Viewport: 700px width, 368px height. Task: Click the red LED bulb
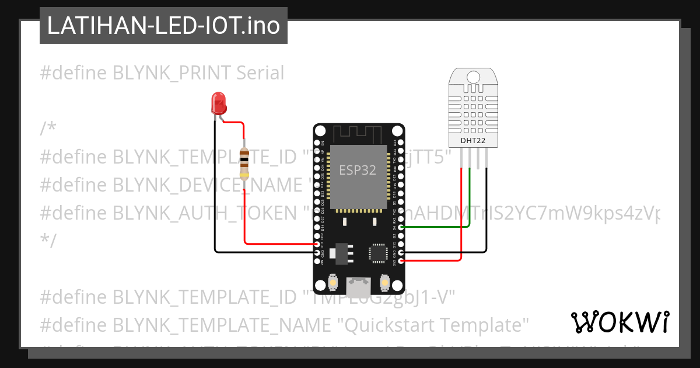219,103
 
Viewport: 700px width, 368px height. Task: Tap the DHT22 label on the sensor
473,141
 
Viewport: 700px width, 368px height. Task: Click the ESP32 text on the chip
358,170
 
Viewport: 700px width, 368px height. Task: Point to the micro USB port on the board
358,286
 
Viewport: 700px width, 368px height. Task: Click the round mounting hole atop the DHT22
473,76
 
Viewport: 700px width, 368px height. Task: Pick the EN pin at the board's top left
317,143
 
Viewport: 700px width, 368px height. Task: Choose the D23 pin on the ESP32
400,143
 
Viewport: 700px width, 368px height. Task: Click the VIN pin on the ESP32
317,261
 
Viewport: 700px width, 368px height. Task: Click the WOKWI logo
619,322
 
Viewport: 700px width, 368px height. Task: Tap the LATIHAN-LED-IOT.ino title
163,26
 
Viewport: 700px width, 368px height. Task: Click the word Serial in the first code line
260,73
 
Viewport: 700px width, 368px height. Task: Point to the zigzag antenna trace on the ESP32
358,134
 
